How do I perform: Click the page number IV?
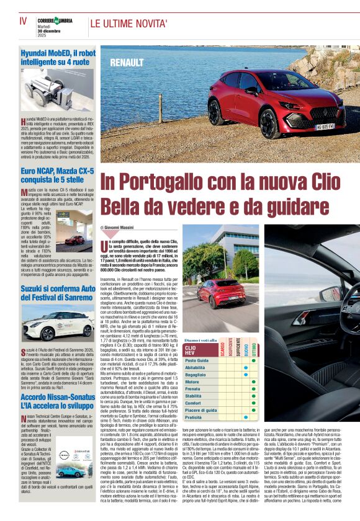(x=23, y=21)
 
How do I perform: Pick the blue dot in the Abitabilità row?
(x=246, y=367)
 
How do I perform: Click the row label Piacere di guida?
(x=201, y=411)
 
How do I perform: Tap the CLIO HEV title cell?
(x=194, y=350)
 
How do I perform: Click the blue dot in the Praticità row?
(x=246, y=417)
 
